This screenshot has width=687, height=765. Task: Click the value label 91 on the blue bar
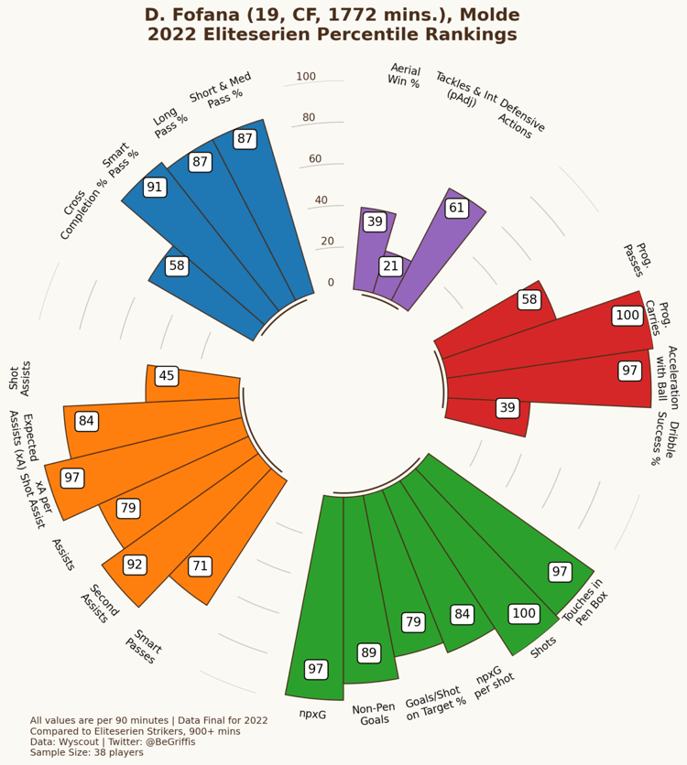point(155,187)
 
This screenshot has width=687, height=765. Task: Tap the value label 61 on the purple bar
point(456,208)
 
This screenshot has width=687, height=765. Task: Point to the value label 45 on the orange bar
point(166,376)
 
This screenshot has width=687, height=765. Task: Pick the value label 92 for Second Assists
point(135,565)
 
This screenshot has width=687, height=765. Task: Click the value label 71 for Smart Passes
point(200,566)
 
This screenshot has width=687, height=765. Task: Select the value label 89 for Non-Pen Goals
point(368,652)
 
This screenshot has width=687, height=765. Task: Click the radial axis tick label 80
point(309,118)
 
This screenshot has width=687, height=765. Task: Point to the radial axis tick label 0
point(305,283)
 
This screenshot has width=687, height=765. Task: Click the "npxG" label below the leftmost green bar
point(312,714)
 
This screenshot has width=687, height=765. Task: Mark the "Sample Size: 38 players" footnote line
point(87,752)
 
